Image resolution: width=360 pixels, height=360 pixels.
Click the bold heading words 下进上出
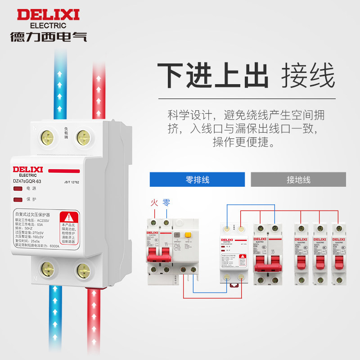(x=212, y=75)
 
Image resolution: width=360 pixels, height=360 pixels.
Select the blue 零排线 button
(x=197, y=180)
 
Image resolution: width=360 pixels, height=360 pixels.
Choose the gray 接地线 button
(x=298, y=180)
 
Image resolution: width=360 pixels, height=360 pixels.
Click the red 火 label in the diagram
(x=154, y=203)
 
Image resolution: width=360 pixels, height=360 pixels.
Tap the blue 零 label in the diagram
(x=166, y=203)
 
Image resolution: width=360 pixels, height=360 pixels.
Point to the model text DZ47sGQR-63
(x=27, y=181)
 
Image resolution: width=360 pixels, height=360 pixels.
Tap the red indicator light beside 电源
(x=18, y=189)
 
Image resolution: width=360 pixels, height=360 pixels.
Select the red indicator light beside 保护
(x=18, y=198)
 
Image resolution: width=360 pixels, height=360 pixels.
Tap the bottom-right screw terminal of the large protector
(x=83, y=270)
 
